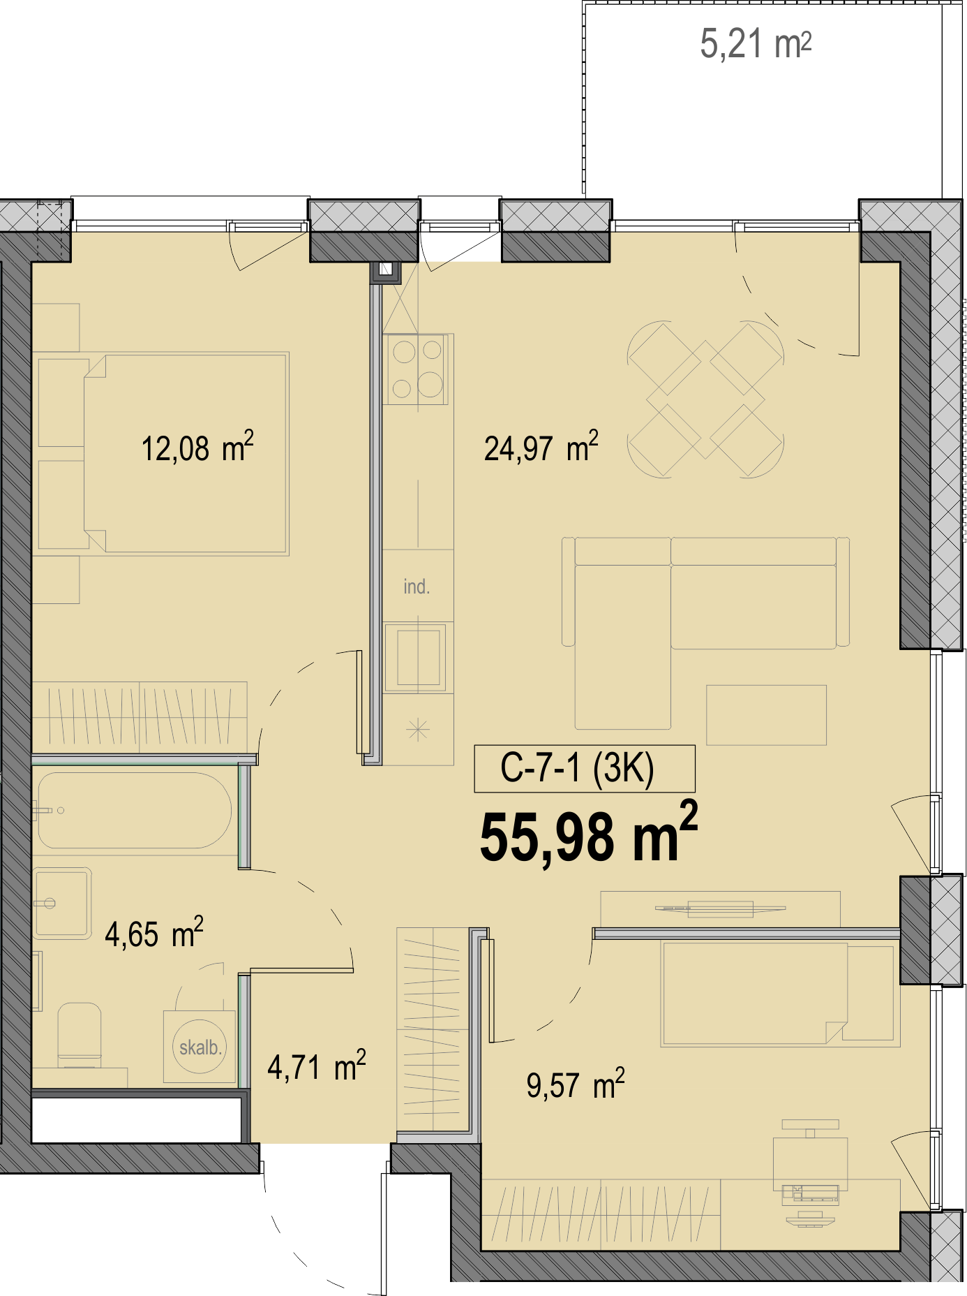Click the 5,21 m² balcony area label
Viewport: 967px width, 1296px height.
756,44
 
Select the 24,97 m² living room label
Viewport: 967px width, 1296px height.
541,447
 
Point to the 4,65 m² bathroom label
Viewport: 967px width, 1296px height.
154,933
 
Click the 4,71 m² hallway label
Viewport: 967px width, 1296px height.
317,1066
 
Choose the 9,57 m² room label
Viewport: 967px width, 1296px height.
576,1084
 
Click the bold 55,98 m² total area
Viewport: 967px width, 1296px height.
589,833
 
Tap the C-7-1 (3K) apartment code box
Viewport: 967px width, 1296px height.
585,769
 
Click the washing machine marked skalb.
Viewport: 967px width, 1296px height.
200,1047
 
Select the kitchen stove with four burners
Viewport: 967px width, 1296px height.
417,369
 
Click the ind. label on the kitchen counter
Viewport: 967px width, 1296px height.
417,587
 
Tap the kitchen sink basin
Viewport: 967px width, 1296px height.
418,657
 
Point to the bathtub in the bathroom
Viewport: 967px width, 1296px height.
133,811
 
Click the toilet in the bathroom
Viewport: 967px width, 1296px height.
79,1035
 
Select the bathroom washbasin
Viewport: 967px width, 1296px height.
63,903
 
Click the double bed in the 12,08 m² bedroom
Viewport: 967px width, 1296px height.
186,454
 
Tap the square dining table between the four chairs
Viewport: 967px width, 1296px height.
705,399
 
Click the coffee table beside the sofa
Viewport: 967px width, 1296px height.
766,715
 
